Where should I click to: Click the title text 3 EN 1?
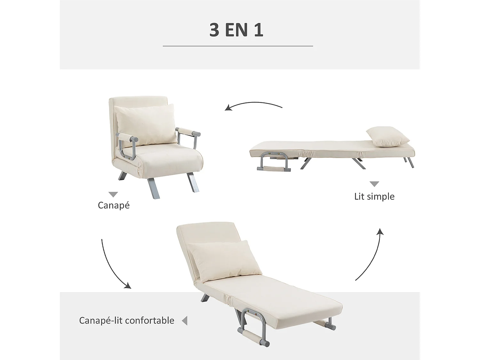pyautogui.click(x=236, y=30)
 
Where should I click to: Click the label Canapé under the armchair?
pyautogui.click(x=114, y=205)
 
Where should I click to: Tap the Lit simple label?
pyautogui.click(x=374, y=196)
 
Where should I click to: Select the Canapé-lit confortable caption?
pyautogui.click(x=127, y=320)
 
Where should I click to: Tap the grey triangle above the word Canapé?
pyautogui.click(x=113, y=195)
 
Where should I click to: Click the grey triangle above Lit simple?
pyautogui.click(x=374, y=184)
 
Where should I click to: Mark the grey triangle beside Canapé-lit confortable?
pyautogui.click(x=184, y=321)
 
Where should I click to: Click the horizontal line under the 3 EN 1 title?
pyautogui.click(x=238, y=46)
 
